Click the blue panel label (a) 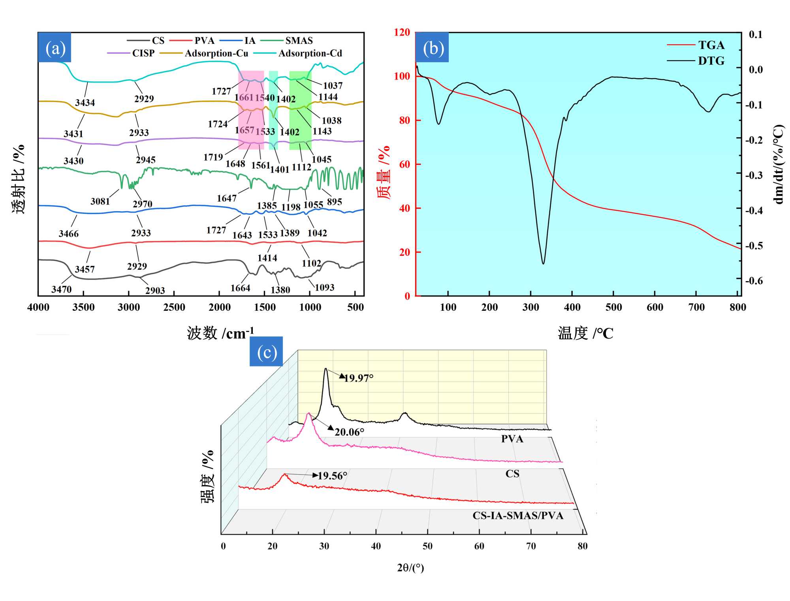(55, 48)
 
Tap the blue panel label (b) (433, 48)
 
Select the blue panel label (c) (267, 352)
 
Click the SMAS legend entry (299, 41)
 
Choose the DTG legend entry (711, 61)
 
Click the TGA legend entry (711, 45)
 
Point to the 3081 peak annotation (100, 201)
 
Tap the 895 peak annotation (334, 202)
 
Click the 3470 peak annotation (62, 289)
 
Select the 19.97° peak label (358, 378)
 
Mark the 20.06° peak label (349, 432)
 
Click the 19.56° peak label (332, 476)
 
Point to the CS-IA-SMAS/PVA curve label (518, 516)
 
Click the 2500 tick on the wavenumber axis (174, 307)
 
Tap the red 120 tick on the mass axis (402, 32)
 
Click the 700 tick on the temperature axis (696, 307)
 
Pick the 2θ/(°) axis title (410, 568)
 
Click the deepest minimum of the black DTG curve (544, 263)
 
